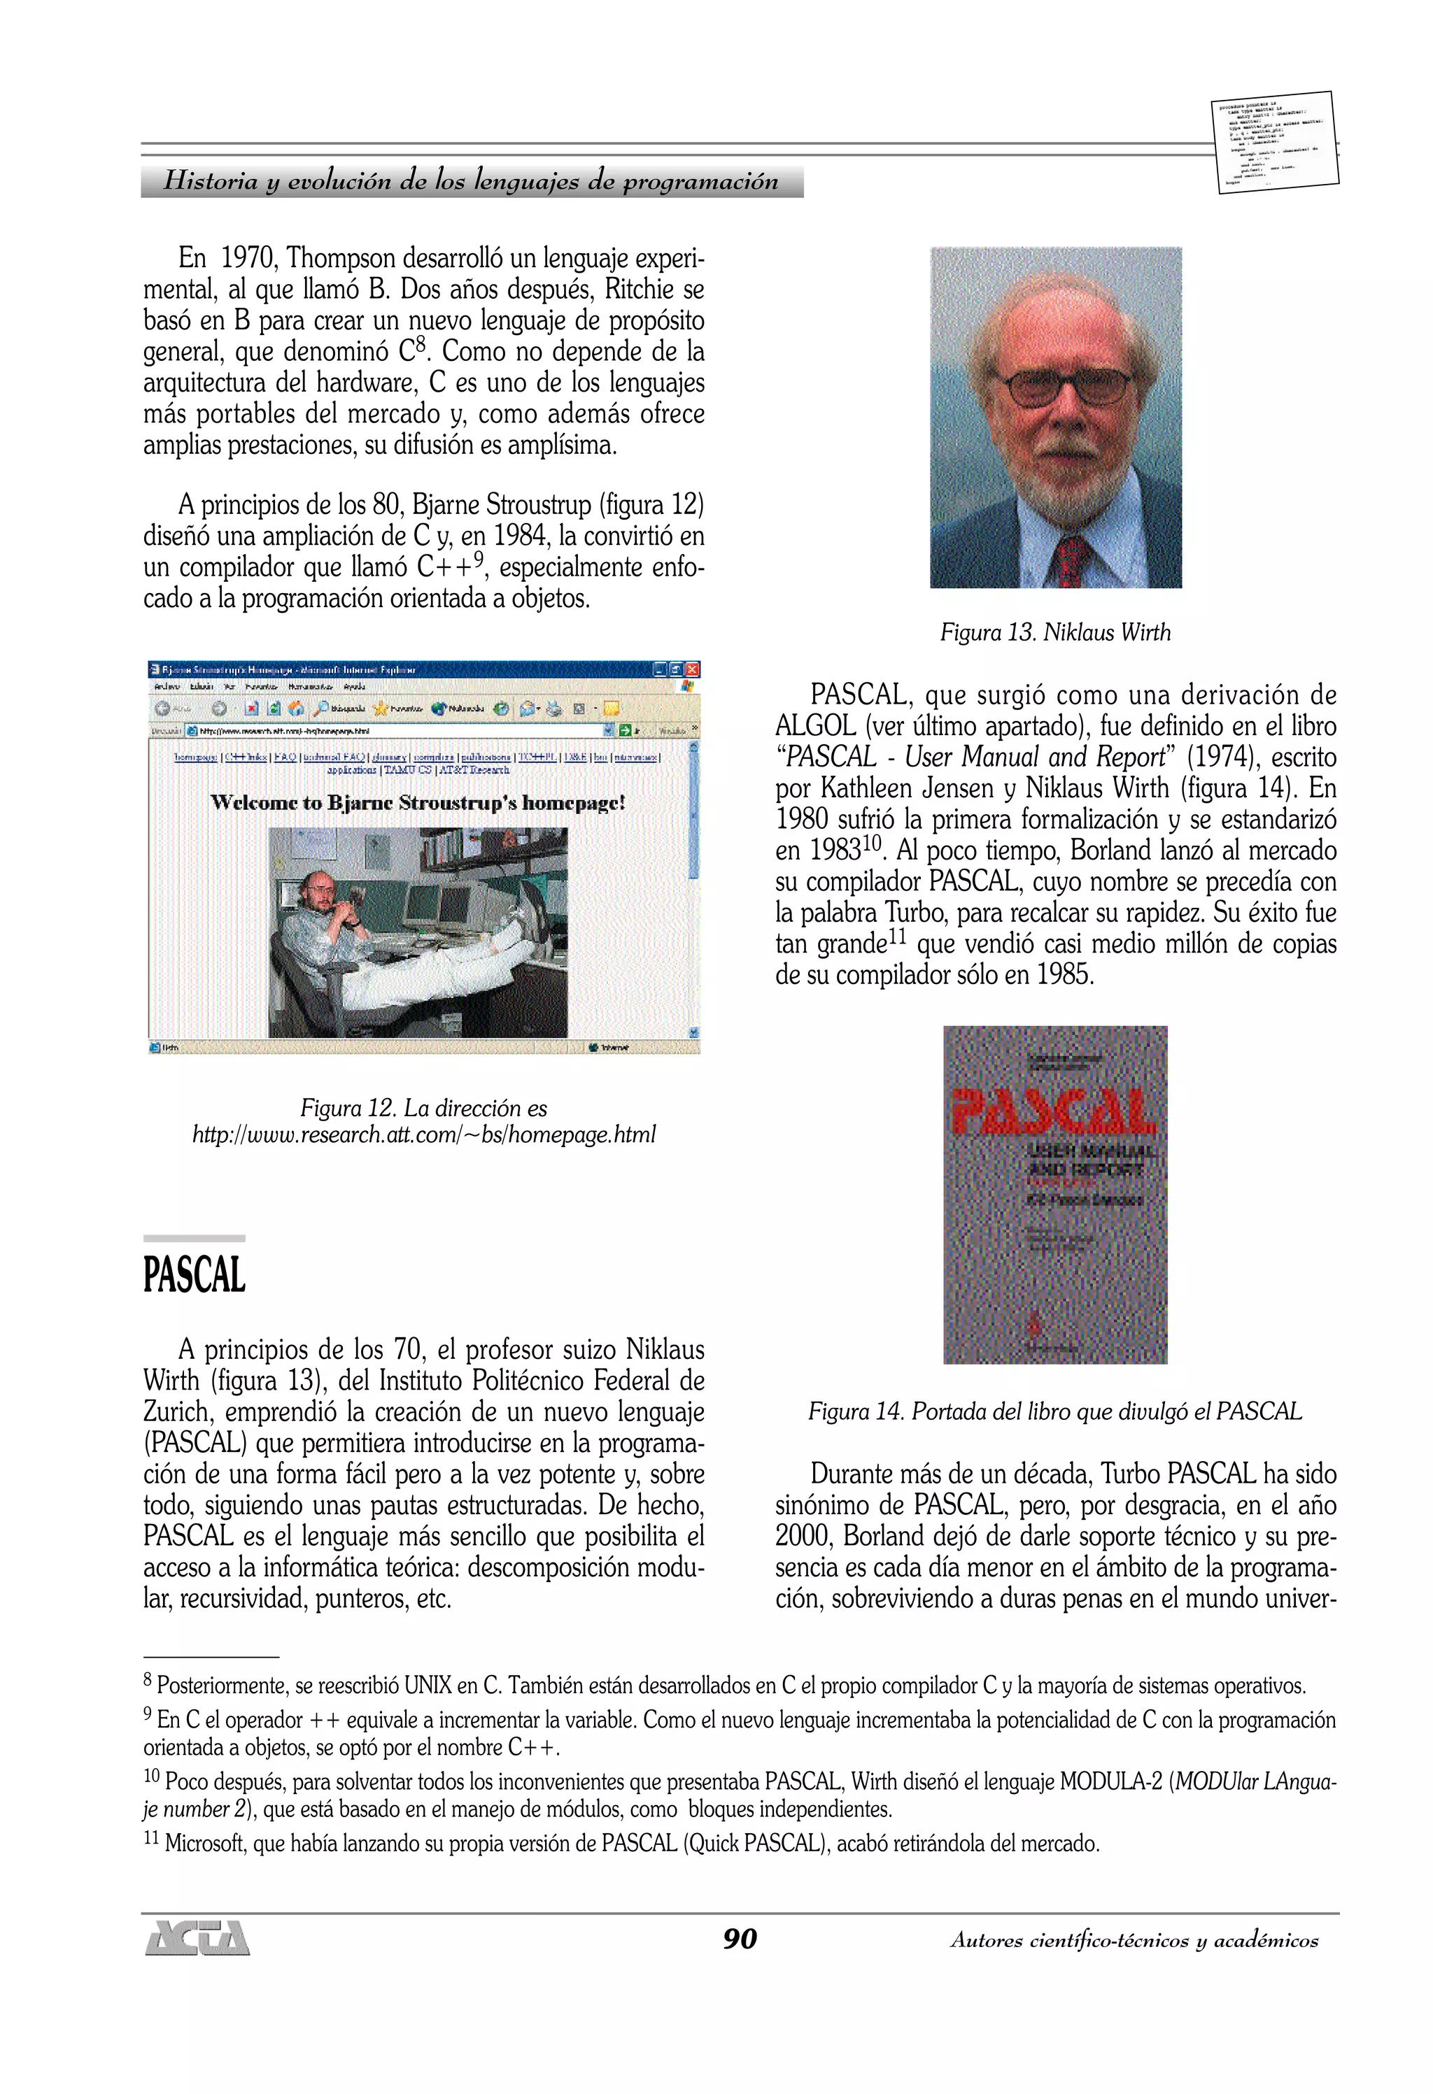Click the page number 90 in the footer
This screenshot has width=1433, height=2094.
pos(739,1938)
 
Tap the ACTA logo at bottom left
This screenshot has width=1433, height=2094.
pos(197,1937)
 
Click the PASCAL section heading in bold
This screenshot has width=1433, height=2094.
pos(194,1275)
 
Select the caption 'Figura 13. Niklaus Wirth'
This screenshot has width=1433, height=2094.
pos(1054,632)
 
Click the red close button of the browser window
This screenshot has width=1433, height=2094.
pos(692,669)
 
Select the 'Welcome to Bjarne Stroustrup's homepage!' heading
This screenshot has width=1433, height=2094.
pos(417,803)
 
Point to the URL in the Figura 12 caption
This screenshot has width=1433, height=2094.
pos(423,1134)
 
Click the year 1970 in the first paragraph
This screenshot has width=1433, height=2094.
pos(246,259)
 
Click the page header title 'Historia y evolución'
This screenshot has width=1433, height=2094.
pos(470,180)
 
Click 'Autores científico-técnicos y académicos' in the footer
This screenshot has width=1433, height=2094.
pos(1134,1940)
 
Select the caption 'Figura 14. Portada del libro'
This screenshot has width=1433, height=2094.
pos(1054,1411)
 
